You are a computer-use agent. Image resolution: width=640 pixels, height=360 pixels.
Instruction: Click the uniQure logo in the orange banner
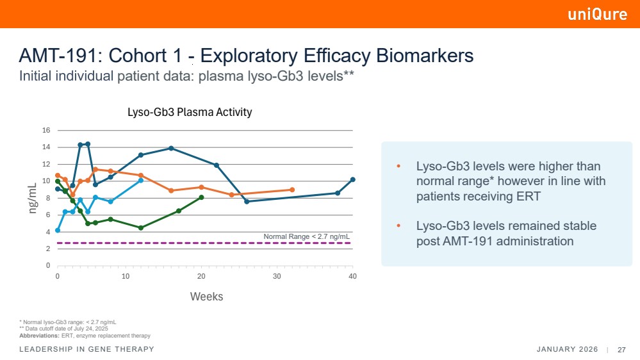(x=597, y=15)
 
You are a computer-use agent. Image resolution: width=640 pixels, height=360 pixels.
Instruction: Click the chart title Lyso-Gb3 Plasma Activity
(x=190, y=112)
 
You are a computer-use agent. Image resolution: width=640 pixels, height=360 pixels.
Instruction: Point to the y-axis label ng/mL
(x=33, y=197)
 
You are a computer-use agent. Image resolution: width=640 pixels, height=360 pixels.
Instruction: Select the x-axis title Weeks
(x=206, y=297)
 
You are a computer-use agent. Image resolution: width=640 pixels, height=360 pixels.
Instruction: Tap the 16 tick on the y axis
(x=45, y=131)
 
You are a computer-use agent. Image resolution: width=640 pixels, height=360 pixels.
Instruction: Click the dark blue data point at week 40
(x=352, y=179)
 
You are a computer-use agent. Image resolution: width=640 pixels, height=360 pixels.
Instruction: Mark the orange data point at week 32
(x=292, y=190)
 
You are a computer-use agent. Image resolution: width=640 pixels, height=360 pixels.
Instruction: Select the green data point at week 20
(x=202, y=197)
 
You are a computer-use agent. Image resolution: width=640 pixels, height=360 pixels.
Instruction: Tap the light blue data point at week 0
(x=58, y=230)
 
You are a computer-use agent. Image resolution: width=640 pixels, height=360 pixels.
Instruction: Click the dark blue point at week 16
(x=171, y=148)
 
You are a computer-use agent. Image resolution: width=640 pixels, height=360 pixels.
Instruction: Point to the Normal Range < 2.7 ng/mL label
(x=306, y=236)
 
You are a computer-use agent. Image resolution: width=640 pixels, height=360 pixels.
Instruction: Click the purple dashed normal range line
(x=192, y=243)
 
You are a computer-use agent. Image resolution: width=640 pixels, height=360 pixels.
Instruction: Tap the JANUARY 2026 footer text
(x=567, y=350)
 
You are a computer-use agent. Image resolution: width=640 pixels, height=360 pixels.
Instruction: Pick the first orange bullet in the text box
(x=399, y=167)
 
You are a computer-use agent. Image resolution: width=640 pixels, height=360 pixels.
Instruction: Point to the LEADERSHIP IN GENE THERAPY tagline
(x=87, y=349)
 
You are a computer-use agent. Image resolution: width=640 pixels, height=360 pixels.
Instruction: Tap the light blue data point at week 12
(x=141, y=180)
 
